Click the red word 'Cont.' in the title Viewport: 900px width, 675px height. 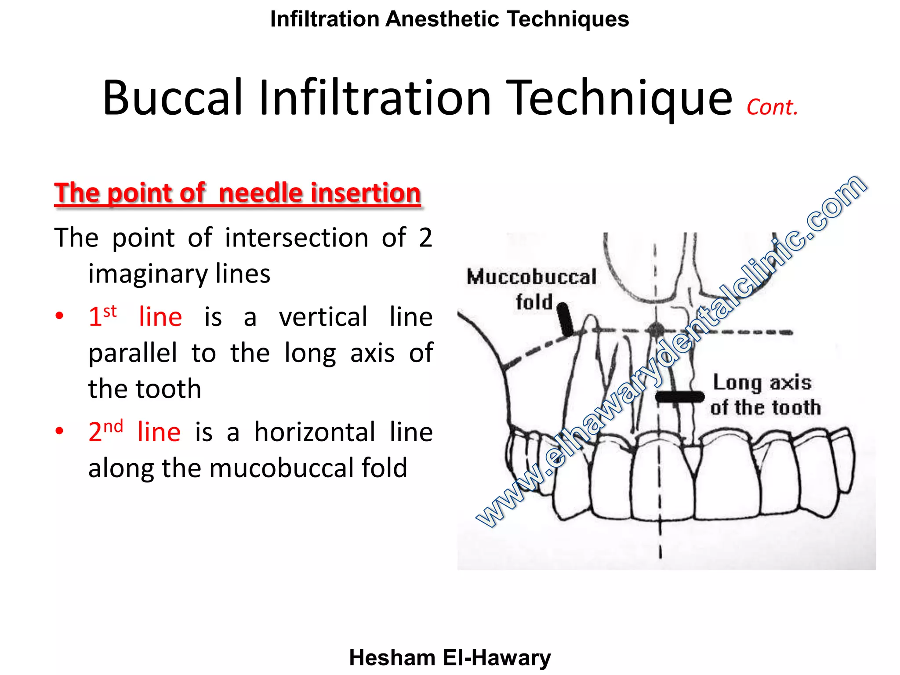(x=772, y=107)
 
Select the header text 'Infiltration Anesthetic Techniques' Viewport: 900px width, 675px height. (x=450, y=19)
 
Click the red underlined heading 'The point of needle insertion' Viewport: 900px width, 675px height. (x=237, y=193)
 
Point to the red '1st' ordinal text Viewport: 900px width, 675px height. (x=102, y=316)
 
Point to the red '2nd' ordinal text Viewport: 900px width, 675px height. (x=105, y=431)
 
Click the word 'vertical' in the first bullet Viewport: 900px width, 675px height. (x=323, y=317)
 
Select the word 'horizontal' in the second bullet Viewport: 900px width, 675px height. (x=315, y=432)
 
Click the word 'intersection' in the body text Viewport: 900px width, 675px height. (x=297, y=238)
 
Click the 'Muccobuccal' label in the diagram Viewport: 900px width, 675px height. (x=531, y=277)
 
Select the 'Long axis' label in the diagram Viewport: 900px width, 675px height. (x=762, y=382)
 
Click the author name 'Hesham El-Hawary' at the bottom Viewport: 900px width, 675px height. (x=450, y=658)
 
